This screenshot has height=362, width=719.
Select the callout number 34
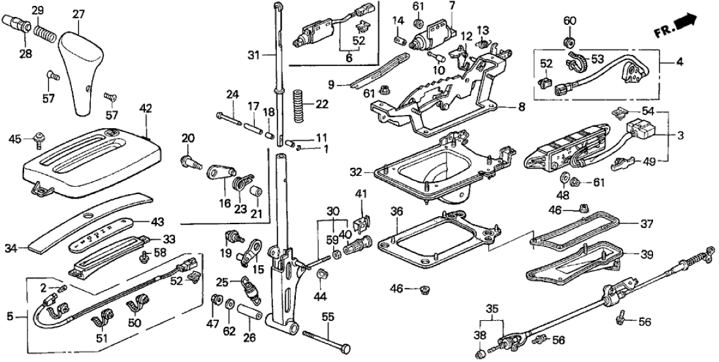(29, 248)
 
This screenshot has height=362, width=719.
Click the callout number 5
(8, 318)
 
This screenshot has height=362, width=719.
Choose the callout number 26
(250, 338)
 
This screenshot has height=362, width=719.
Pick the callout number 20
(189, 138)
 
